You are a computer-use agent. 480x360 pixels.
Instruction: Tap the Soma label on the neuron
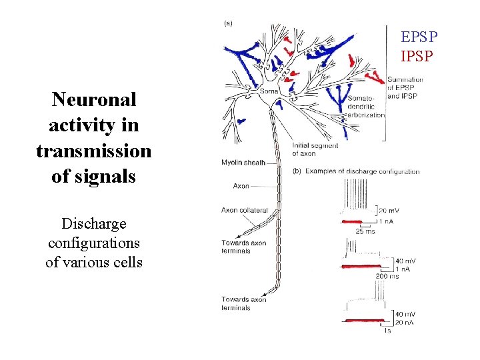point(269,91)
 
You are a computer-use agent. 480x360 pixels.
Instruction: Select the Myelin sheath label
point(243,162)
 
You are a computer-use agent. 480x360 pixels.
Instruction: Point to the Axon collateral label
point(245,210)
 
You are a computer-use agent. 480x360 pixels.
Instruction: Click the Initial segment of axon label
point(315,149)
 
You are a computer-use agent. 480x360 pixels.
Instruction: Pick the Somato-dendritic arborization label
point(366,107)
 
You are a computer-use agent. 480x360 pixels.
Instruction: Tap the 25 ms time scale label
point(366,231)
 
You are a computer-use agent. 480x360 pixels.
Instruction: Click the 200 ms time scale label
point(387,276)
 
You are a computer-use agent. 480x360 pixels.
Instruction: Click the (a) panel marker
point(227,23)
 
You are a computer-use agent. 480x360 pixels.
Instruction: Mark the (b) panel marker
point(297,171)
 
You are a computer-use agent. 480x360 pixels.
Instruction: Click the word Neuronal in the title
point(93,100)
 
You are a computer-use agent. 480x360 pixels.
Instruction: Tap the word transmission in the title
point(93,151)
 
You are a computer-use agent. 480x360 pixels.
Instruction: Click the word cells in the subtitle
point(126,262)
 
